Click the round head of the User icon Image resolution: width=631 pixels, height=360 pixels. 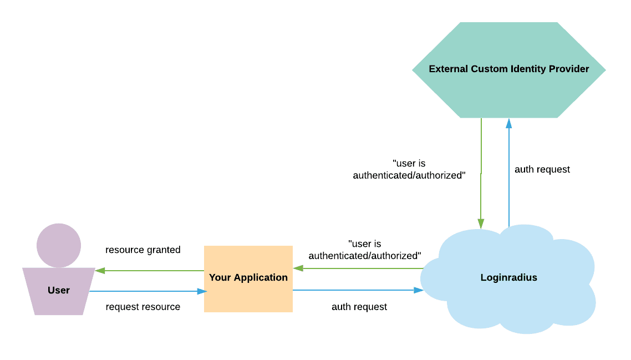pyautogui.click(x=59, y=245)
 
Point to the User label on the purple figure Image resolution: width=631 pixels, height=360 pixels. pyautogui.click(x=59, y=290)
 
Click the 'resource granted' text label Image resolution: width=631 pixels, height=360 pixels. pyautogui.click(x=143, y=250)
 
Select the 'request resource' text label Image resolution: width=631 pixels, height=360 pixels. pyautogui.click(x=143, y=307)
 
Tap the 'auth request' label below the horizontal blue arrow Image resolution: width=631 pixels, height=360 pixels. pyautogui.click(x=359, y=307)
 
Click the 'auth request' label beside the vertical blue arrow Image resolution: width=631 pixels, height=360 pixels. pyautogui.click(x=542, y=170)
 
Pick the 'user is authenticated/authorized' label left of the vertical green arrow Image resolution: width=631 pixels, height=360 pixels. pyautogui.click(x=409, y=170)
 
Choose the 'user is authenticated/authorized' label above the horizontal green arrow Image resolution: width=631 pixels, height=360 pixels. pyautogui.click(x=365, y=250)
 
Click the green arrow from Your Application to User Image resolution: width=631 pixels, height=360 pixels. pyautogui.click(x=150, y=271)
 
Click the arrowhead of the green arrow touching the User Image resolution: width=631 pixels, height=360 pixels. pyautogui.click(x=100, y=271)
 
